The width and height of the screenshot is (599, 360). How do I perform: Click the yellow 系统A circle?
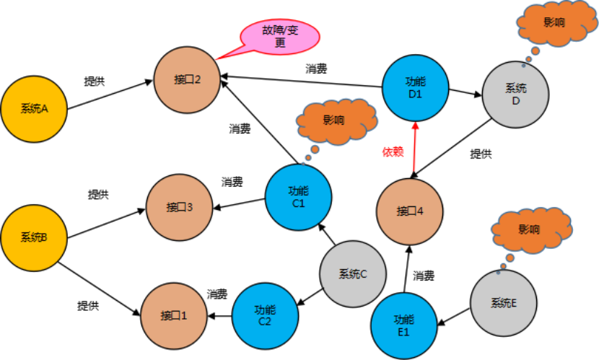[34, 109]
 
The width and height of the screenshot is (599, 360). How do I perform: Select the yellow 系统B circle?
[34, 237]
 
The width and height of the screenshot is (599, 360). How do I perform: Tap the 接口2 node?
[187, 79]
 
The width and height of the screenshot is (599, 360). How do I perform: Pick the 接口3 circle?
[179, 208]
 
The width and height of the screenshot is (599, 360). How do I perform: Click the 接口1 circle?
[174, 315]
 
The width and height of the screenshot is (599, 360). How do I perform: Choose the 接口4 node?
[409, 211]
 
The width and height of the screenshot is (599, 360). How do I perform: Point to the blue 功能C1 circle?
[298, 197]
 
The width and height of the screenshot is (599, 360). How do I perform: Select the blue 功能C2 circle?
[265, 315]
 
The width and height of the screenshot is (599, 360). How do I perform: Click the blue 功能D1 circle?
[415, 87]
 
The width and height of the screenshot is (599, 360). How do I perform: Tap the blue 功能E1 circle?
[403, 325]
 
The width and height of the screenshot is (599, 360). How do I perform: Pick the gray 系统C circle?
[353, 273]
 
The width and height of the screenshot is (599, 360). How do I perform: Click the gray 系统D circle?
[515, 94]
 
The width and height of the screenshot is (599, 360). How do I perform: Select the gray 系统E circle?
[504, 303]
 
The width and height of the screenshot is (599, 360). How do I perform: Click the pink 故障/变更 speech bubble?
[280, 37]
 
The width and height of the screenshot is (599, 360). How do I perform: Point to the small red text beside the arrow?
[393, 152]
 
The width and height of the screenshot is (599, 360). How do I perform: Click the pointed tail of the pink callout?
[219, 57]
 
